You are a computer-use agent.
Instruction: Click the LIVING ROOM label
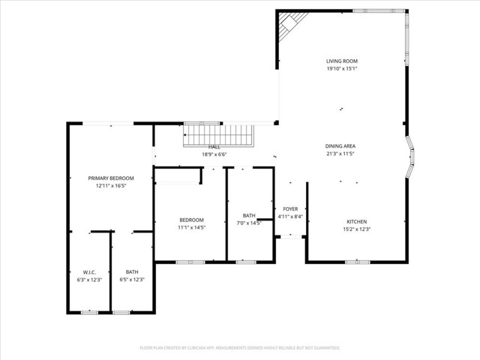pyautogui.click(x=341, y=61)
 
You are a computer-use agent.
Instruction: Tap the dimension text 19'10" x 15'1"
pyautogui.click(x=341, y=68)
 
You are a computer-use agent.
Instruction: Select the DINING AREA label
pyautogui.click(x=340, y=145)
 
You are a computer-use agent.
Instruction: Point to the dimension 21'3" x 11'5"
pyautogui.click(x=340, y=153)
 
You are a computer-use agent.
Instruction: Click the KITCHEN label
pyautogui.click(x=356, y=221)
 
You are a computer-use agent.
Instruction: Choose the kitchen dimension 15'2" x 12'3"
pyautogui.click(x=356, y=229)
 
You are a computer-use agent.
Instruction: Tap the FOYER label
pyautogui.click(x=289, y=209)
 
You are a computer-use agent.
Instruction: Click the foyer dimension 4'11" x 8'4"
pyautogui.click(x=289, y=217)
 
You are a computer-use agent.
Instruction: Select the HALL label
pyautogui.click(x=214, y=147)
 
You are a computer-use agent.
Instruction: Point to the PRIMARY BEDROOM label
pyautogui.click(x=111, y=178)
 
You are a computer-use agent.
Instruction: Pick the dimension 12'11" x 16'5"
pyautogui.click(x=111, y=185)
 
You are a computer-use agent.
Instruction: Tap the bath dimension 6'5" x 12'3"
pyautogui.click(x=132, y=279)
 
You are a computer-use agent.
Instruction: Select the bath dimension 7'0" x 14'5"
pyautogui.click(x=249, y=223)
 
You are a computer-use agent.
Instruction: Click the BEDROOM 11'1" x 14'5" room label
pyautogui.click(x=191, y=220)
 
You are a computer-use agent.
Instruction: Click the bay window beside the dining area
pyautogui.click(x=410, y=157)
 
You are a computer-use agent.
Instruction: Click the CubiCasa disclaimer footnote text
pyautogui.click(x=240, y=348)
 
